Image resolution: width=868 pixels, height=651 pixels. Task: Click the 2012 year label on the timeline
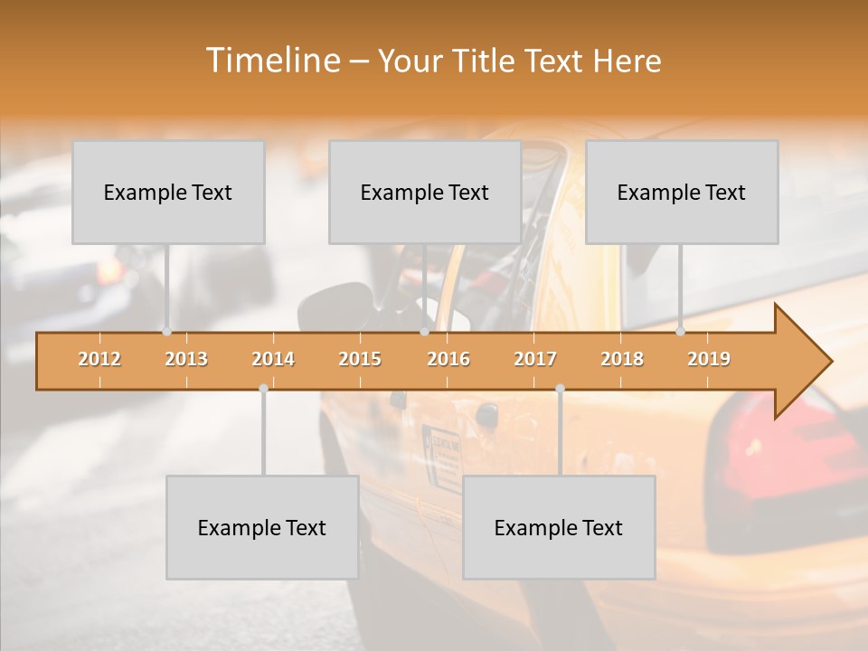pos(99,359)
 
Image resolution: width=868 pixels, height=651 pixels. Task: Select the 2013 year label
pos(186,359)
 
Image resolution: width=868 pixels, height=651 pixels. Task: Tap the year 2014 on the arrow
pos(273,359)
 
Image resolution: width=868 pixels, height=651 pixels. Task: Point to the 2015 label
pos(360,359)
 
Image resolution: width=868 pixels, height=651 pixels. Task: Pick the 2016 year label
pos(448,359)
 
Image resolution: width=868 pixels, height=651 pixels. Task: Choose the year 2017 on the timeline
pos(535,359)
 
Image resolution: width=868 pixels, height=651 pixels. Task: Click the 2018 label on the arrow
pos(622,359)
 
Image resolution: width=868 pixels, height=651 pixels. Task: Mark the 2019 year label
pos(709,359)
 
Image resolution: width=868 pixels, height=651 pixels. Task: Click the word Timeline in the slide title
pos(271,61)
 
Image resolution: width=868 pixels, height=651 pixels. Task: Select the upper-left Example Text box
pos(168,192)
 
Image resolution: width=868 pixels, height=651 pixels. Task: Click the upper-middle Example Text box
pos(425,192)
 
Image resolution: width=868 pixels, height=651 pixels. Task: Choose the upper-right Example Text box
pos(682,192)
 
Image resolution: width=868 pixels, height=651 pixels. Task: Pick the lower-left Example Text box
pos(262,527)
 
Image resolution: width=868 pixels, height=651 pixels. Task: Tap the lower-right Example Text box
pos(559,527)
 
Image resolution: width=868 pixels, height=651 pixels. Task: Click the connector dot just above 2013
pos(166,332)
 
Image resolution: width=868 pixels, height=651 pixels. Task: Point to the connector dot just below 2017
pos(560,389)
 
